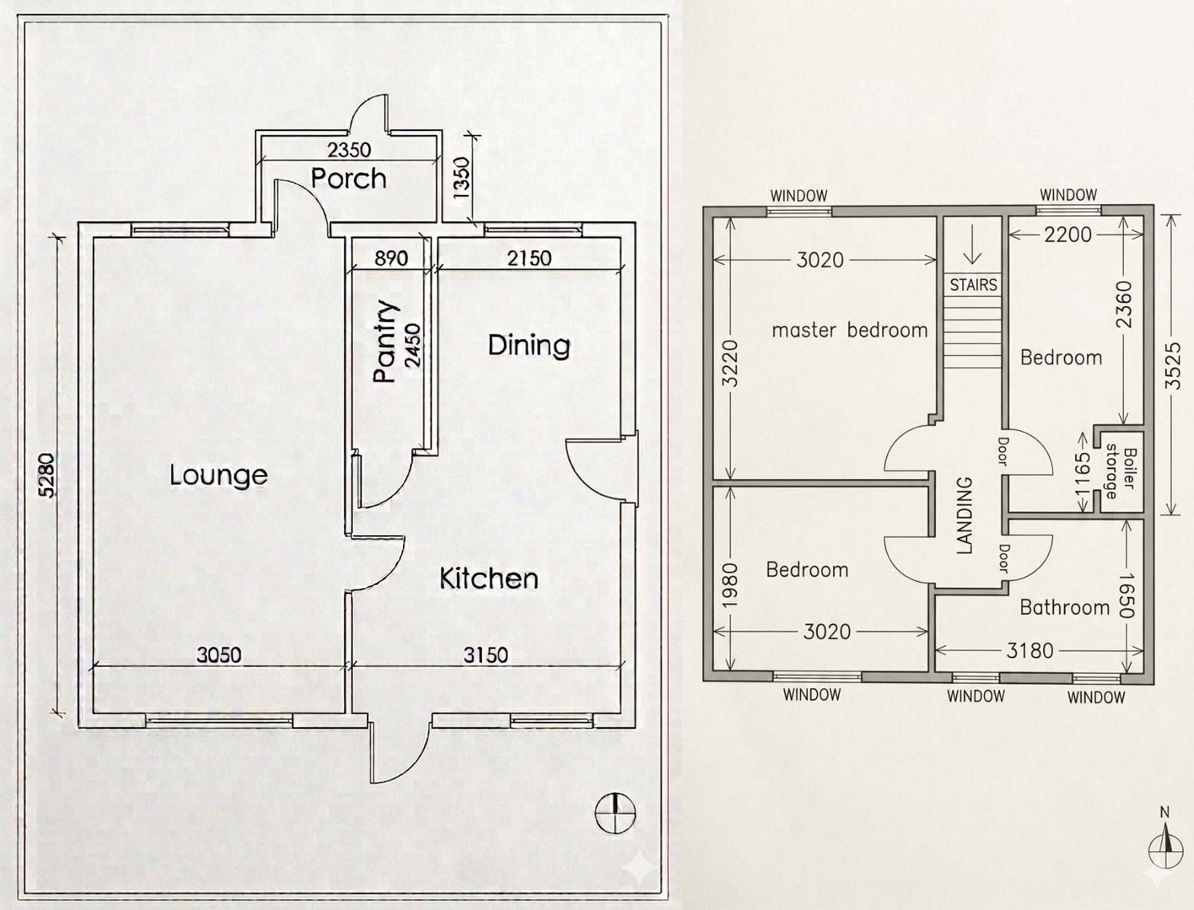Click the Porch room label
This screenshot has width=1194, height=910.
[349, 178]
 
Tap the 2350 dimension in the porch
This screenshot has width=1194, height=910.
[350, 149]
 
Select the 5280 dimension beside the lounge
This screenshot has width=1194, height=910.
[47, 475]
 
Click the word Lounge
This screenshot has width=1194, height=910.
[219, 475]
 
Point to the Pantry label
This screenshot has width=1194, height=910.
[386, 341]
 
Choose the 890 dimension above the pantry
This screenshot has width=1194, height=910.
[391, 258]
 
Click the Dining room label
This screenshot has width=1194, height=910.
[528, 345]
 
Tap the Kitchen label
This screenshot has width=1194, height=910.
[489, 579]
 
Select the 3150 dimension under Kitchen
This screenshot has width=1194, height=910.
[486, 654]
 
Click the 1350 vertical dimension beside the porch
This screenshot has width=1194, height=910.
[462, 178]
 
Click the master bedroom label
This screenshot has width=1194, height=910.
[850, 330]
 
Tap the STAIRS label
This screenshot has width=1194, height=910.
[973, 285]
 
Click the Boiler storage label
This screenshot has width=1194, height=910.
[1120, 472]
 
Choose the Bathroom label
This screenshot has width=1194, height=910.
[1065, 607]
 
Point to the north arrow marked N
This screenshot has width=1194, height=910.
[1164, 843]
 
